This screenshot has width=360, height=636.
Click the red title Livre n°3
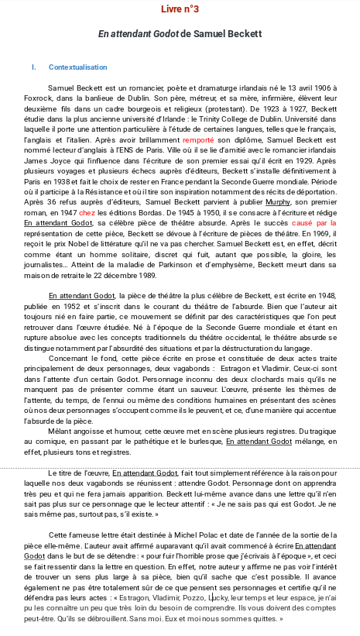(x=180, y=9)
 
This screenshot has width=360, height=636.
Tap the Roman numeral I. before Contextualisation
(x=33, y=67)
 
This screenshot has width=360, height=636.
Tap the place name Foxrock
(x=37, y=99)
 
